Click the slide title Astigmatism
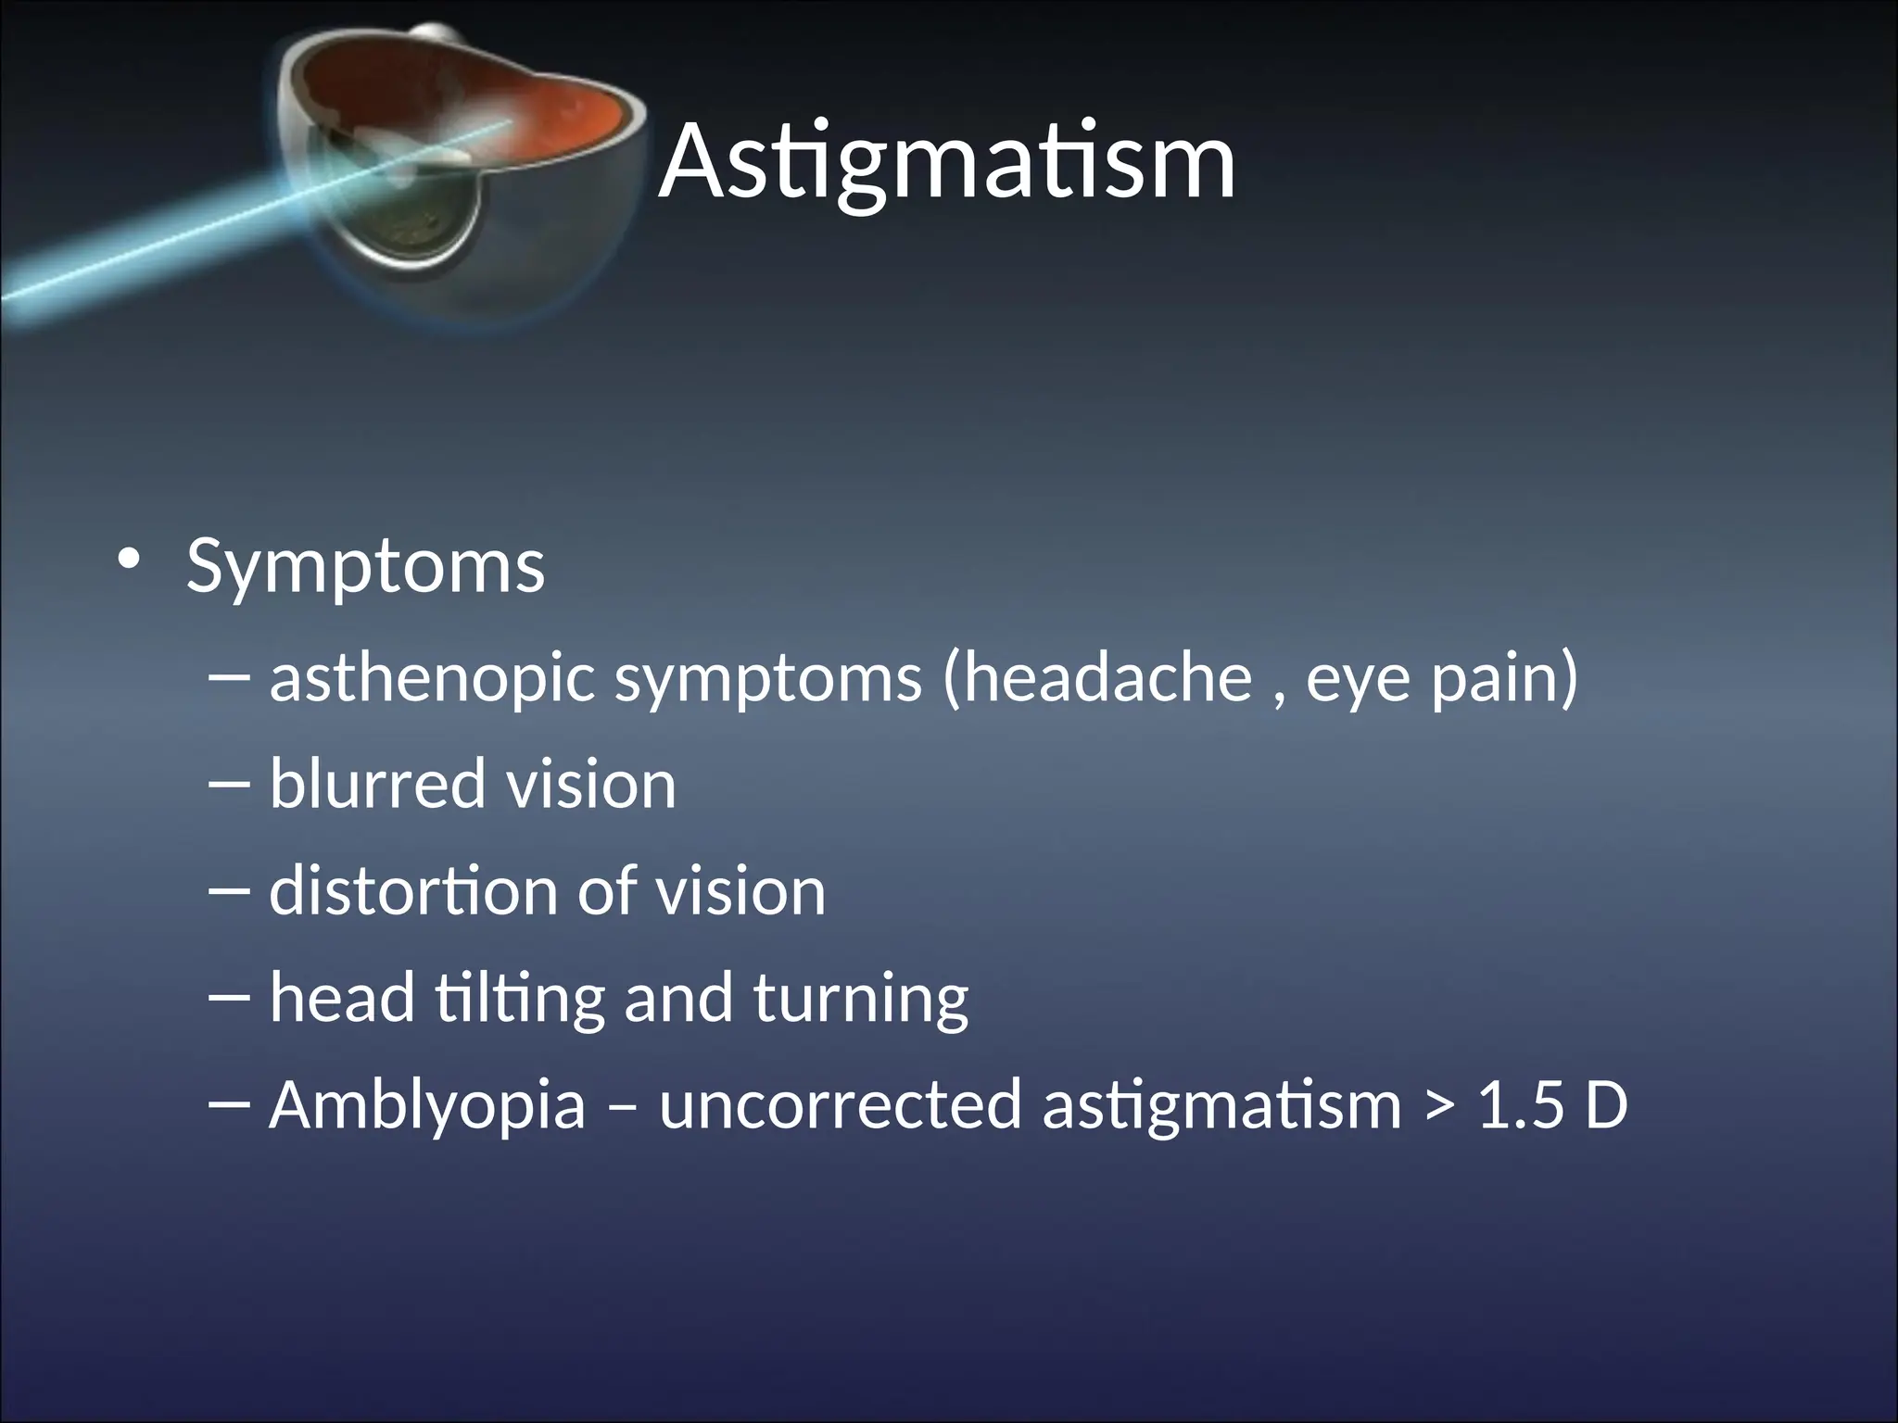pyautogui.click(x=947, y=162)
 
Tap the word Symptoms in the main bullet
pyautogui.click(x=365, y=566)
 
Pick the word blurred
pyautogui.click(x=377, y=785)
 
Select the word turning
pyautogui.click(x=860, y=999)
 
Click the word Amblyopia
pyautogui.click(x=427, y=1105)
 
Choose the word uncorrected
pyautogui.click(x=839, y=1105)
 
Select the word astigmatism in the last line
pyautogui.click(x=1221, y=1105)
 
